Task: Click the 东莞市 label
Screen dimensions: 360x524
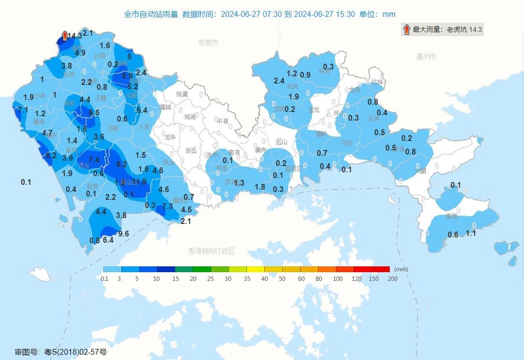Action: coord(208,43)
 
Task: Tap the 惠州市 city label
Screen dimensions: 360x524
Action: coord(426,56)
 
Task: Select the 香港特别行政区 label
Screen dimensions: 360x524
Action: coord(211,251)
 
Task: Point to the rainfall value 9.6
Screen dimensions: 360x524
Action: coord(124,234)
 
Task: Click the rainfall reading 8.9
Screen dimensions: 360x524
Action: coord(127,76)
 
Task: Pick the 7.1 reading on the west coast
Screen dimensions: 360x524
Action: coord(23,110)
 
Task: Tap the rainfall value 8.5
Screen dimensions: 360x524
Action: coord(94,113)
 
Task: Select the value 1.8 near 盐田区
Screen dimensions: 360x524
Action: coord(260,187)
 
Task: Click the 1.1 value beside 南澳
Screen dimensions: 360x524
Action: coord(471,233)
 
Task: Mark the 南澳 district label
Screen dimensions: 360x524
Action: coord(451,216)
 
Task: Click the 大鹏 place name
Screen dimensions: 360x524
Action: coord(421,171)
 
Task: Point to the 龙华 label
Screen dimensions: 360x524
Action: coord(170,137)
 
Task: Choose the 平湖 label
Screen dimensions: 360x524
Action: coord(222,121)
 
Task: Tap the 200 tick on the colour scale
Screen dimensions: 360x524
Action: coord(389,279)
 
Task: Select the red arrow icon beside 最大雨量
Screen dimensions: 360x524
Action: coord(406,29)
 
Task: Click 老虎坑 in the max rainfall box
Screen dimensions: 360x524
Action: coord(456,29)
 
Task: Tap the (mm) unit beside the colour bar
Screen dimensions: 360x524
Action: coord(401,269)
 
